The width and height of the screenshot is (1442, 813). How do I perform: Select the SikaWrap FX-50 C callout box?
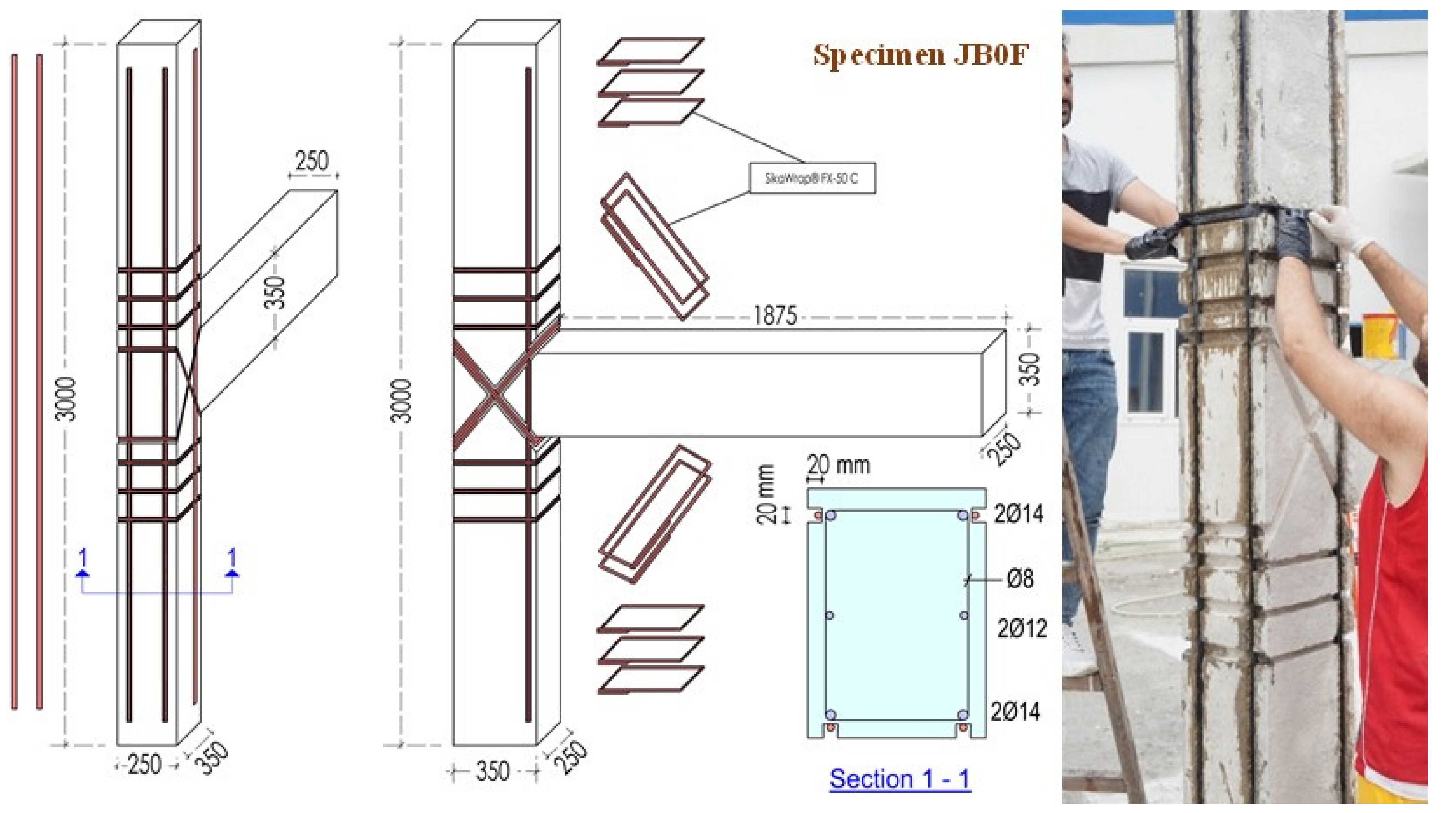click(812, 178)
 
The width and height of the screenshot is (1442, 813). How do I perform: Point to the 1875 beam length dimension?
click(775, 316)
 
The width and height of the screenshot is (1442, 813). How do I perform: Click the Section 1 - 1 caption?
click(899, 779)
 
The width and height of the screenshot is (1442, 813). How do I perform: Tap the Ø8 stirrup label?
click(1020, 579)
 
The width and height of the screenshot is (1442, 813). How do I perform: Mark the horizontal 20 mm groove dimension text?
click(838, 465)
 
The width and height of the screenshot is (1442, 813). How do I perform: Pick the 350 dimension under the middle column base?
click(492, 772)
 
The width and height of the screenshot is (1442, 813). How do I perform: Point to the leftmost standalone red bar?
click(14, 380)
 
